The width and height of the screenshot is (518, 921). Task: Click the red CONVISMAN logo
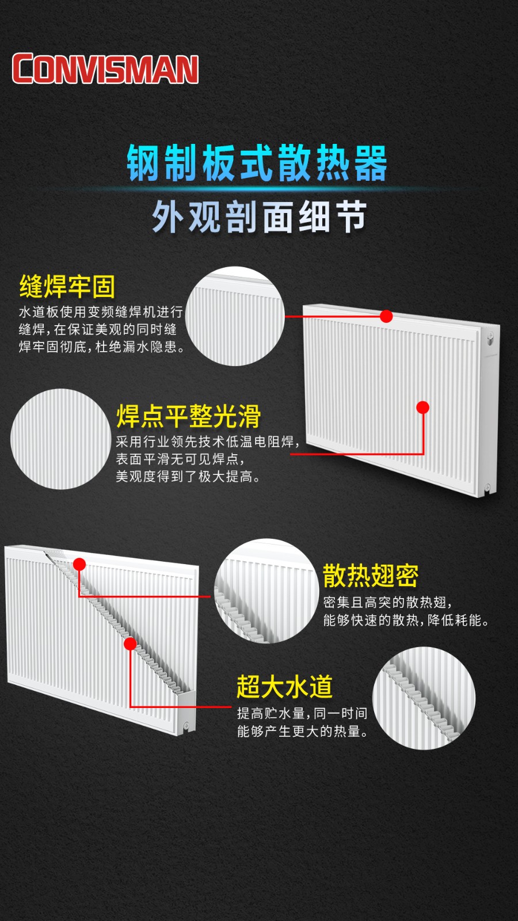(x=105, y=68)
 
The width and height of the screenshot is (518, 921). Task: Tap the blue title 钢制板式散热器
(x=257, y=163)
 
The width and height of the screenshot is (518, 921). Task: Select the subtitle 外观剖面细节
(x=259, y=216)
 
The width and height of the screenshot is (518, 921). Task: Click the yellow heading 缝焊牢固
(x=67, y=286)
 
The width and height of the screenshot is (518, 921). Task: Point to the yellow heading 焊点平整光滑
(x=189, y=416)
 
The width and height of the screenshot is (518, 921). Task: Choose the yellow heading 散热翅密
(x=371, y=576)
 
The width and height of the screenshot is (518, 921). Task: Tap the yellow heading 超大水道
(x=284, y=686)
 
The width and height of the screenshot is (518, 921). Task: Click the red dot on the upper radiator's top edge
(x=386, y=316)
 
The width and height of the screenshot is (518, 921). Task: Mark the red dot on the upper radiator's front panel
(x=422, y=408)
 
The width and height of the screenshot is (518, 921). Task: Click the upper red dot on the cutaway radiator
(x=79, y=564)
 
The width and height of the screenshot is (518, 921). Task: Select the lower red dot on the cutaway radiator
(x=130, y=644)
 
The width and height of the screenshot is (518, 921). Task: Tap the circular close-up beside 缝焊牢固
(x=235, y=316)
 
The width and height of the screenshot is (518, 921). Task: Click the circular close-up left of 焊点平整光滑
(x=61, y=439)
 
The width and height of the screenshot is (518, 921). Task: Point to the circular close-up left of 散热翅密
(x=267, y=591)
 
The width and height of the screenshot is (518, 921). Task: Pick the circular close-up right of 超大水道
(x=424, y=698)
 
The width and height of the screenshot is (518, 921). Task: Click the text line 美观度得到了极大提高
(x=188, y=477)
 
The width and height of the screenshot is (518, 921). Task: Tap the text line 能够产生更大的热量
(x=303, y=732)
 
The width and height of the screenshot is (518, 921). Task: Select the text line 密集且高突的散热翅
(x=388, y=602)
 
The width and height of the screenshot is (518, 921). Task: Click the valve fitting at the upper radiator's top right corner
(x=490, y=339)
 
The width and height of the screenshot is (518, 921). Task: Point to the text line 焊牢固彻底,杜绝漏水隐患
(x=102, y=347)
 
